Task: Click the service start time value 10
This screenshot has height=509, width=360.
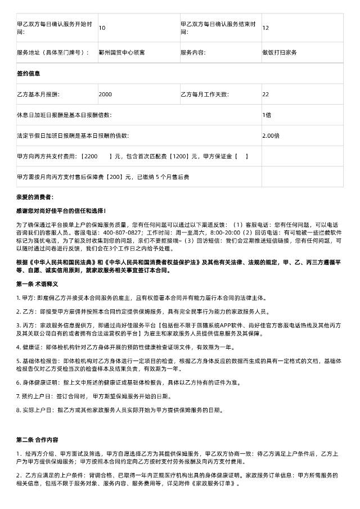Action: [101, 28]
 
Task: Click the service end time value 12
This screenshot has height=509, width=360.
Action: [265, 28]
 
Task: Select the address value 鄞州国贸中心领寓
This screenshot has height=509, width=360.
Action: [121, 52]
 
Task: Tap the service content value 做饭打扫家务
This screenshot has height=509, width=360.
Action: [280, 52]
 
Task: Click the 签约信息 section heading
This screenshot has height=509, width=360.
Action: [29, 73]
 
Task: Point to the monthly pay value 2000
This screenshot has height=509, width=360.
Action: [105, 94]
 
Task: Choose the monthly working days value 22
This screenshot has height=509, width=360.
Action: [265, 94]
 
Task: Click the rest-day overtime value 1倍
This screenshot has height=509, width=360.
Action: [267, 115]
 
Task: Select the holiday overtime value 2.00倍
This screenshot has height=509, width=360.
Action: [271, 136]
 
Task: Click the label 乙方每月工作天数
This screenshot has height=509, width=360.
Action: [205, 94]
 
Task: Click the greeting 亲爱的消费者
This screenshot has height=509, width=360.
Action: [35, 197]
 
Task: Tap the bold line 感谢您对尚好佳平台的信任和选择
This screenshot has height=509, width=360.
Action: [61, 210]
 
